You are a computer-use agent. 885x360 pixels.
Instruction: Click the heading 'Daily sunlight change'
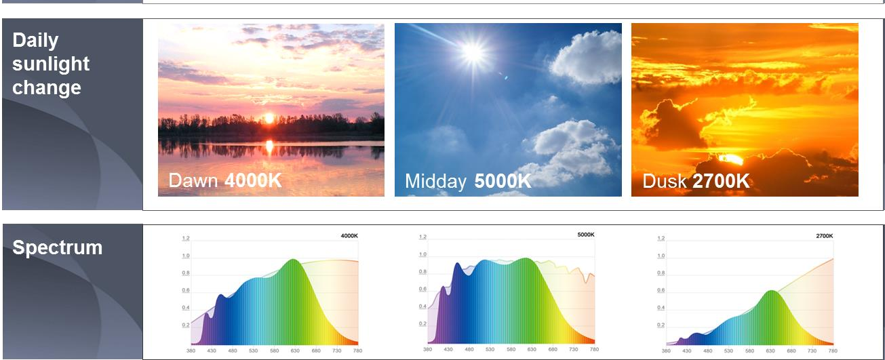51,64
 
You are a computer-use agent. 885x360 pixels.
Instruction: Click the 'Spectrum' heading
58,247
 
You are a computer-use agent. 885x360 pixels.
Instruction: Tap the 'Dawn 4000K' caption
224,180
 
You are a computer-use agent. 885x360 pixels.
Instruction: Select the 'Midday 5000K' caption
468,181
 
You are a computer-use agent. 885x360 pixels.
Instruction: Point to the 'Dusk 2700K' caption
696,181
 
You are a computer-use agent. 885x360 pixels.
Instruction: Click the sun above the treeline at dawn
269,118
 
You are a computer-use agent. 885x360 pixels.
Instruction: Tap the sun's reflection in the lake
269,145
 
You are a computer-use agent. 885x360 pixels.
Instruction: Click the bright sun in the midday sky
473,52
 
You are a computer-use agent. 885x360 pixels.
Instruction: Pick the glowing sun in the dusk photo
731,159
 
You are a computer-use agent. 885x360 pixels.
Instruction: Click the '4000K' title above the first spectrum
349,236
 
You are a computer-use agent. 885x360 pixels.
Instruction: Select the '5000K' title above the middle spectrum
585,235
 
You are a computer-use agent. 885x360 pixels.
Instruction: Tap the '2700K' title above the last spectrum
825,236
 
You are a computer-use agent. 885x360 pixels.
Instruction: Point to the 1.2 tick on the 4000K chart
186,239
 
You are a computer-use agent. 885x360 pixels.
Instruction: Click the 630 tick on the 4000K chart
295,351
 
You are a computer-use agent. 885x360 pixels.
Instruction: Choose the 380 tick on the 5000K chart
427,349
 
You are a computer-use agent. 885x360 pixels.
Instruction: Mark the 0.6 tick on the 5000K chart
422,289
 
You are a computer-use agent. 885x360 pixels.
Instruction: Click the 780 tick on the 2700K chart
833,351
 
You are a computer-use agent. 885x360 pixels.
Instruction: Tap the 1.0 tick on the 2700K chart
661,256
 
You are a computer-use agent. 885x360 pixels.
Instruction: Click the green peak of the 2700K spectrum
770,292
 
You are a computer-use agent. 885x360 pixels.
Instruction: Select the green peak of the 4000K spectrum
294,261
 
